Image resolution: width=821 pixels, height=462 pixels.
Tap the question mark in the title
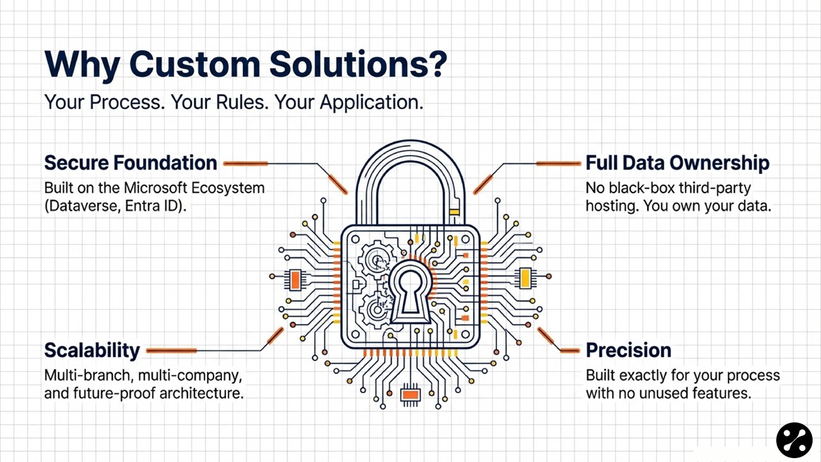coord(436,65)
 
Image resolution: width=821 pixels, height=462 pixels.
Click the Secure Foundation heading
coord(130,163)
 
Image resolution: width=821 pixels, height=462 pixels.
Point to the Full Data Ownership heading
coord(677,163)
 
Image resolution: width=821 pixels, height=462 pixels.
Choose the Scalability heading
coord(92,350)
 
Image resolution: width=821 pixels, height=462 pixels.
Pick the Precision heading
coord(628,350)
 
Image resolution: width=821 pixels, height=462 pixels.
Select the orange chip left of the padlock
coord(295,280)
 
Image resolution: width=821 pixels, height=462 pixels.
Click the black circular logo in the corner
coord(794,440)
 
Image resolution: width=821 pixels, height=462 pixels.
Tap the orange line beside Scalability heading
coord(171,350)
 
